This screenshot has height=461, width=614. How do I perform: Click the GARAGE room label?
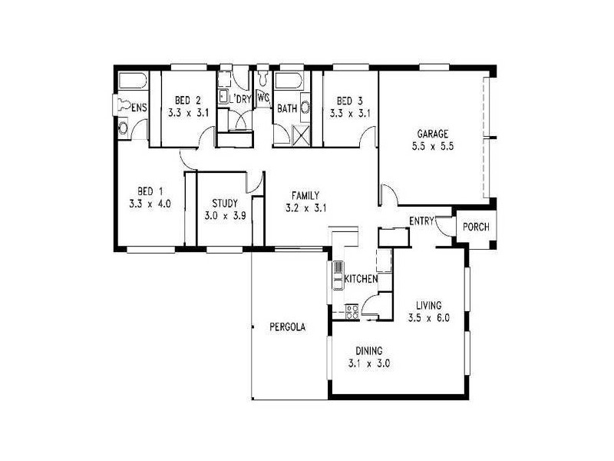pos(432,133)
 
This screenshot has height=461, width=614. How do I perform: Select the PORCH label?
pos(472,227)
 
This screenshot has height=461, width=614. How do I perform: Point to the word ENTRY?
pos(421,221)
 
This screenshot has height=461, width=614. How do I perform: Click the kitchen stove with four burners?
pos(352,311)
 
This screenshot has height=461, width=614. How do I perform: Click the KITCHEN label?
pos(360,278)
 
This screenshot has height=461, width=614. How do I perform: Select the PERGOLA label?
pos(288,327)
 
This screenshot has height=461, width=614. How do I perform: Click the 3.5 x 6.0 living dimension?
pos(427,317)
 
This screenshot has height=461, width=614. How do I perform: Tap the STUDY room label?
pos(224,204)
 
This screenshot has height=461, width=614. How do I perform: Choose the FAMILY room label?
pos(305,195)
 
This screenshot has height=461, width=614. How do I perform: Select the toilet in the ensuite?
pos(122,104)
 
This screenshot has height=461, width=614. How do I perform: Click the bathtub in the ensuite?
pos(133,81)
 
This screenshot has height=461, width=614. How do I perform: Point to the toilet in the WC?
pos(262,78)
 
